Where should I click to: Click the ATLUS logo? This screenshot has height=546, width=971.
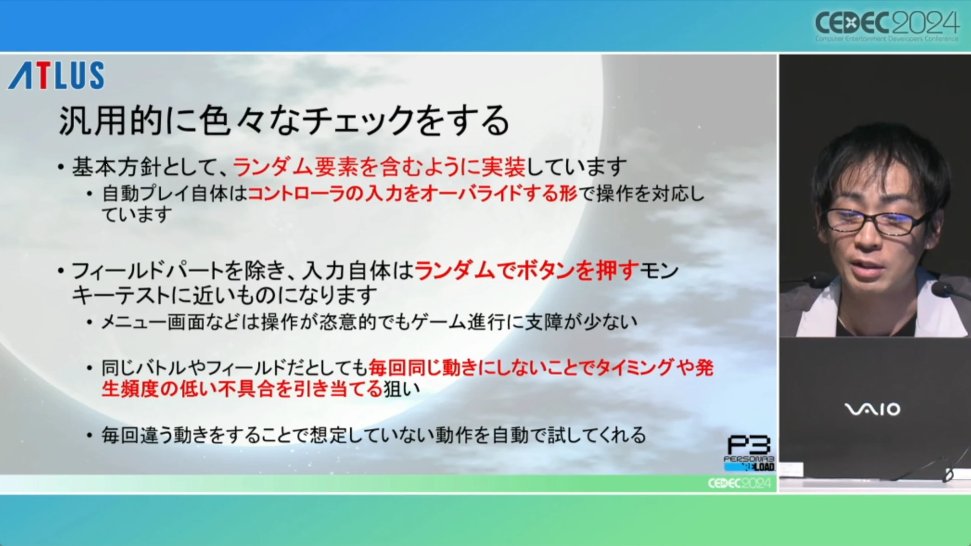click(56, 75)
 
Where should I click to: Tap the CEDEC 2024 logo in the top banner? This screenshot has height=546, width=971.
click(887, 25)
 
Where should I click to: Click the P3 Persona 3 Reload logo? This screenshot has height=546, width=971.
click(749, 453)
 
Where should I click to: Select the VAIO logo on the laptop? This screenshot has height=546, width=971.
click(872, 409)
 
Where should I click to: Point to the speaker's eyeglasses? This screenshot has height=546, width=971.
click(875, 222)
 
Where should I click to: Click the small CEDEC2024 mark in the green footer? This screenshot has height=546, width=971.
click(739, 483)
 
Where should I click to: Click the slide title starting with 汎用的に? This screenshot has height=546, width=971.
click(284, 121)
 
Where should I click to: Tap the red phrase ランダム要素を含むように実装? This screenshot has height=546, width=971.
click(379, 167)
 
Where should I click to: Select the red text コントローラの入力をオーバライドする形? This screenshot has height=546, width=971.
click(412, 194)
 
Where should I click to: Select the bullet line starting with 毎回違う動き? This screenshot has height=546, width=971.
click(373, 435)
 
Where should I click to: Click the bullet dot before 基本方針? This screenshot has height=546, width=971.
click(61, 167)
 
